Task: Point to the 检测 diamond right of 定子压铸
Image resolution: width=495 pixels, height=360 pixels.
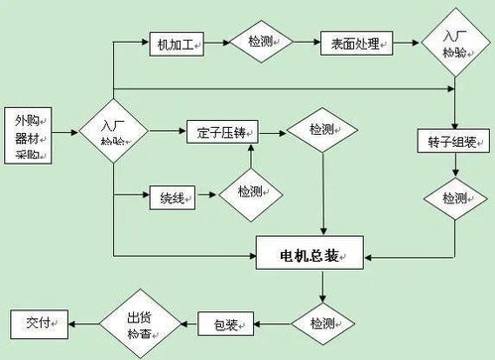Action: click(x=321, y=130)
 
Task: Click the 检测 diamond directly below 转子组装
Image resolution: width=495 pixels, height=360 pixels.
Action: click(x=454, y=198)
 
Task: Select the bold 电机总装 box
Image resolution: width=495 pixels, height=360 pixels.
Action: click(x=310, y=255)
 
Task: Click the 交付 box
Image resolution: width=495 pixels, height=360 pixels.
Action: click(x=38, y=322)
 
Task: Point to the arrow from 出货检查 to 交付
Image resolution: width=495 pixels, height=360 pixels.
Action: click(x=84, y=322)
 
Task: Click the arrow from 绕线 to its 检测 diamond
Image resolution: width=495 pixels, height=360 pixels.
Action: click(x=208, y=193)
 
